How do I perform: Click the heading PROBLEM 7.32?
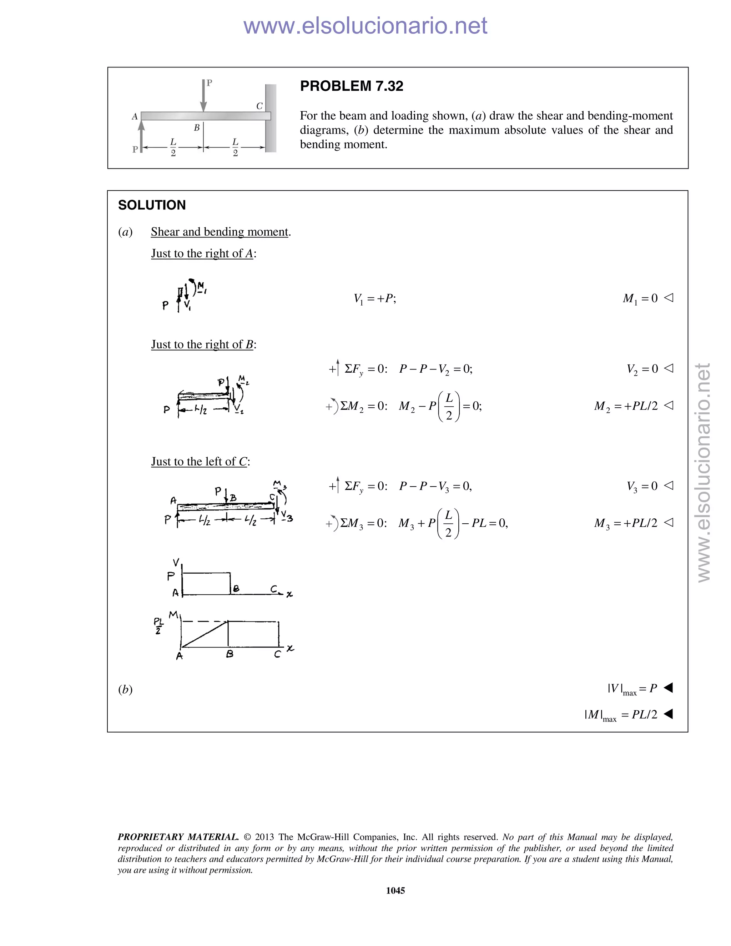coord(351,86)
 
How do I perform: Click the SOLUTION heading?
coord(152,205)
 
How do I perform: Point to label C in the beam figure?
coord(259,106)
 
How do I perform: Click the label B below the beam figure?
coord(197,128)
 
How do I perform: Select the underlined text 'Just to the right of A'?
coord(202,253)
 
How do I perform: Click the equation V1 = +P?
coord(374,298)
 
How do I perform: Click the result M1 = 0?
coord(640,298)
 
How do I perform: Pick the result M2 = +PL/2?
coord(626,406)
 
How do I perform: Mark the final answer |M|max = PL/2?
coord(621,715)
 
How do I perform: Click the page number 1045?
coord(395,891)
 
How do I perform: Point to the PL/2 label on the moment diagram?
coord(158,626)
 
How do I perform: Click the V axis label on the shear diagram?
coord(176,563)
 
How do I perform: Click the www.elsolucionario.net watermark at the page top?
coord(365,26)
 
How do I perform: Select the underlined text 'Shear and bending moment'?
coord(220,232)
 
